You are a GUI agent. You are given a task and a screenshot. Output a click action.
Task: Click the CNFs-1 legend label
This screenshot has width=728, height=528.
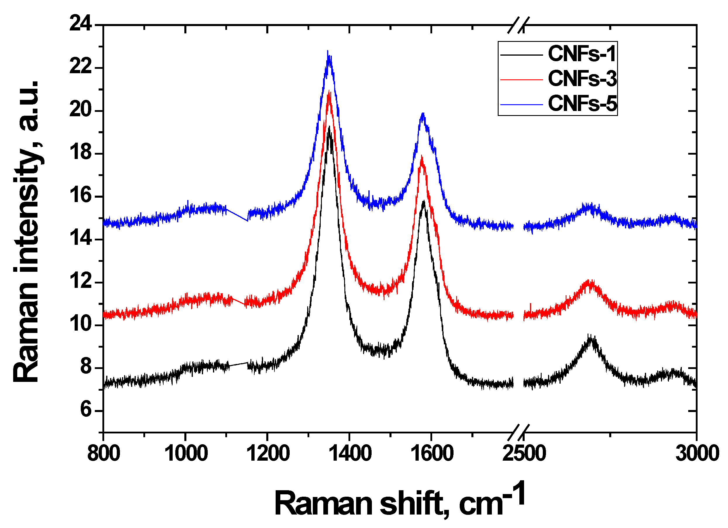click(582, 54)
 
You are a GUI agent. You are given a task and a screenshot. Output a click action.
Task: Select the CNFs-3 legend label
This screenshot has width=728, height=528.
click(582, 78)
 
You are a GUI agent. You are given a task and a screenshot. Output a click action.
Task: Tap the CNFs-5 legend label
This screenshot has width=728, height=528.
click(582, 103)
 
